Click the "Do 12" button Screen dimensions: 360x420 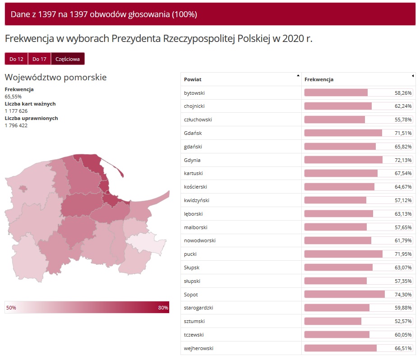[16, 59]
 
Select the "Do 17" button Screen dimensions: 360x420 [39, 59]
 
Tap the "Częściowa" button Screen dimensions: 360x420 [68, 59]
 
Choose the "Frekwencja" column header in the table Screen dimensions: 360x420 [319, 79]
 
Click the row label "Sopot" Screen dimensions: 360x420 [191, 295]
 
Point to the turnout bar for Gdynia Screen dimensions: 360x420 [343, 160]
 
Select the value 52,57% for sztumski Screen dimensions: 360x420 [403, 322]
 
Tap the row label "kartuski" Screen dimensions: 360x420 [194, 173]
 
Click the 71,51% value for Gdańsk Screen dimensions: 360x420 [403, 133]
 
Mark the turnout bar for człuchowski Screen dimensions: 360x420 [335, 120]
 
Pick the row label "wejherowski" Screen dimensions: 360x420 [198, 348]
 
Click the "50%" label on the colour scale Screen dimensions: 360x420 [11, 308]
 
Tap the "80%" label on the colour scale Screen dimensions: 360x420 [163, 308]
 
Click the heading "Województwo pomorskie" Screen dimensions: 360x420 [55, 77]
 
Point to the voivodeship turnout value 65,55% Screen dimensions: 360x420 [13, 97]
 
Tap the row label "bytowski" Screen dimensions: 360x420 [194, 93]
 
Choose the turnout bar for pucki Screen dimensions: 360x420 [343, 254]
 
